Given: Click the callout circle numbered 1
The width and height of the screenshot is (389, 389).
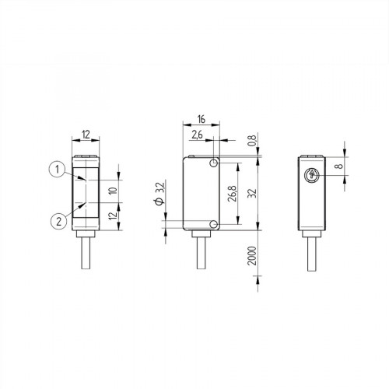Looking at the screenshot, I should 56,167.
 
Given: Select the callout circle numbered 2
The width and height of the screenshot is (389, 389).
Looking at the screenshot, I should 56,220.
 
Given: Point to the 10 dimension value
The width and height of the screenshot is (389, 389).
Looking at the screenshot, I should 112,191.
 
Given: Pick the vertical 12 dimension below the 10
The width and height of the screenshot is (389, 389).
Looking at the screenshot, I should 112,216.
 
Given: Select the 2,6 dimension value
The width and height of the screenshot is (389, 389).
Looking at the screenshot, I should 196,135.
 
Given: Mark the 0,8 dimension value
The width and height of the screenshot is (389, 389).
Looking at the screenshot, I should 251,142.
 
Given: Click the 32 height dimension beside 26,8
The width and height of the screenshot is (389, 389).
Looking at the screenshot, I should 251,194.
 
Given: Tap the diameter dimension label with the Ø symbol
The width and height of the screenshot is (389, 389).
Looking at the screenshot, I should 159,193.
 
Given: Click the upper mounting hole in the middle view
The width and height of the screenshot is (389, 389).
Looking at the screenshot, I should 214,163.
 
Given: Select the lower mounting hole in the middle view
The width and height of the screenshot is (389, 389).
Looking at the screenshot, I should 214,225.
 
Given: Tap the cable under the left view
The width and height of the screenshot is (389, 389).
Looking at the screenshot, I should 84,253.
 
